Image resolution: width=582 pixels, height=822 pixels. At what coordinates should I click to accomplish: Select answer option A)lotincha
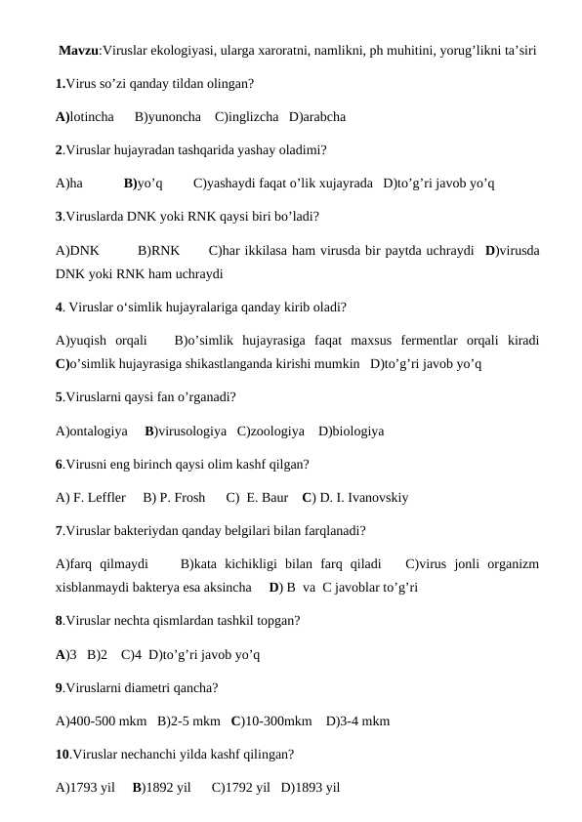click(85, 117)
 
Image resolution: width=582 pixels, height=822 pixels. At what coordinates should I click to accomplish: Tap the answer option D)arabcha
click(317, 117)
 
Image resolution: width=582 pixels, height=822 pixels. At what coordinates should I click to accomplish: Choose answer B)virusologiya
click(186, 431)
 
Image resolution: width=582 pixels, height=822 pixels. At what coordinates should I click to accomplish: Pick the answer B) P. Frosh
click(174, 498)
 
